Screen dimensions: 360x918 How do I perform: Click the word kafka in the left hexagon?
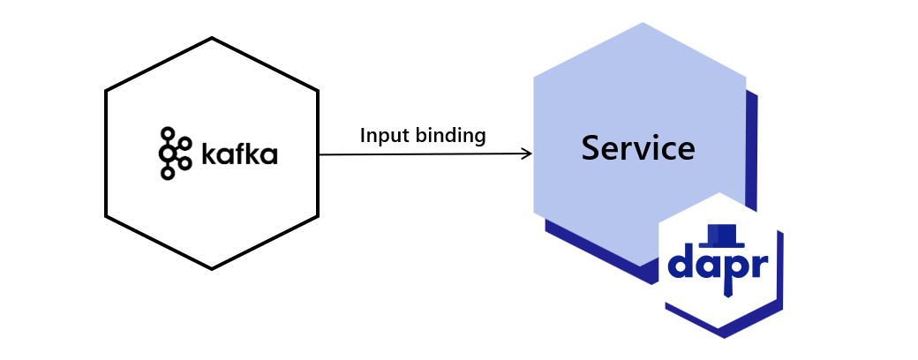[x=238, y=154]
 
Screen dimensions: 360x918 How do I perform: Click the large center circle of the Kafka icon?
[x=169, y=154]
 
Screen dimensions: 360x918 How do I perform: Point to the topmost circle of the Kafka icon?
[x=167, y=133]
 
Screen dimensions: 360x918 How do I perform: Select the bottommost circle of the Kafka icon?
[x=167, y=174]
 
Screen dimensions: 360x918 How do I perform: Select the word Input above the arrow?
[x=381, y=136]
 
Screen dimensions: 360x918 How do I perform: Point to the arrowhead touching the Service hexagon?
[x=528, y=154]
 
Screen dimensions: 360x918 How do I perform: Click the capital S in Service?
[x=591, y=148]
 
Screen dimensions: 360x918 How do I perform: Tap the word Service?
[x=637, y=148]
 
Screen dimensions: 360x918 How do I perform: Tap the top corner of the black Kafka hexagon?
[x=212, y=38]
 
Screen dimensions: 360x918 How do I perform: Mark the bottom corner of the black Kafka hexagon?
[x=212, y=269]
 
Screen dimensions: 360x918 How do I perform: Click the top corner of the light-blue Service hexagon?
[x=642, y=23]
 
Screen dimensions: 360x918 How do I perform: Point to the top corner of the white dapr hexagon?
[x=720, y=193]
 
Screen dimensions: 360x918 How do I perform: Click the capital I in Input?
[x=364, y=136]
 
